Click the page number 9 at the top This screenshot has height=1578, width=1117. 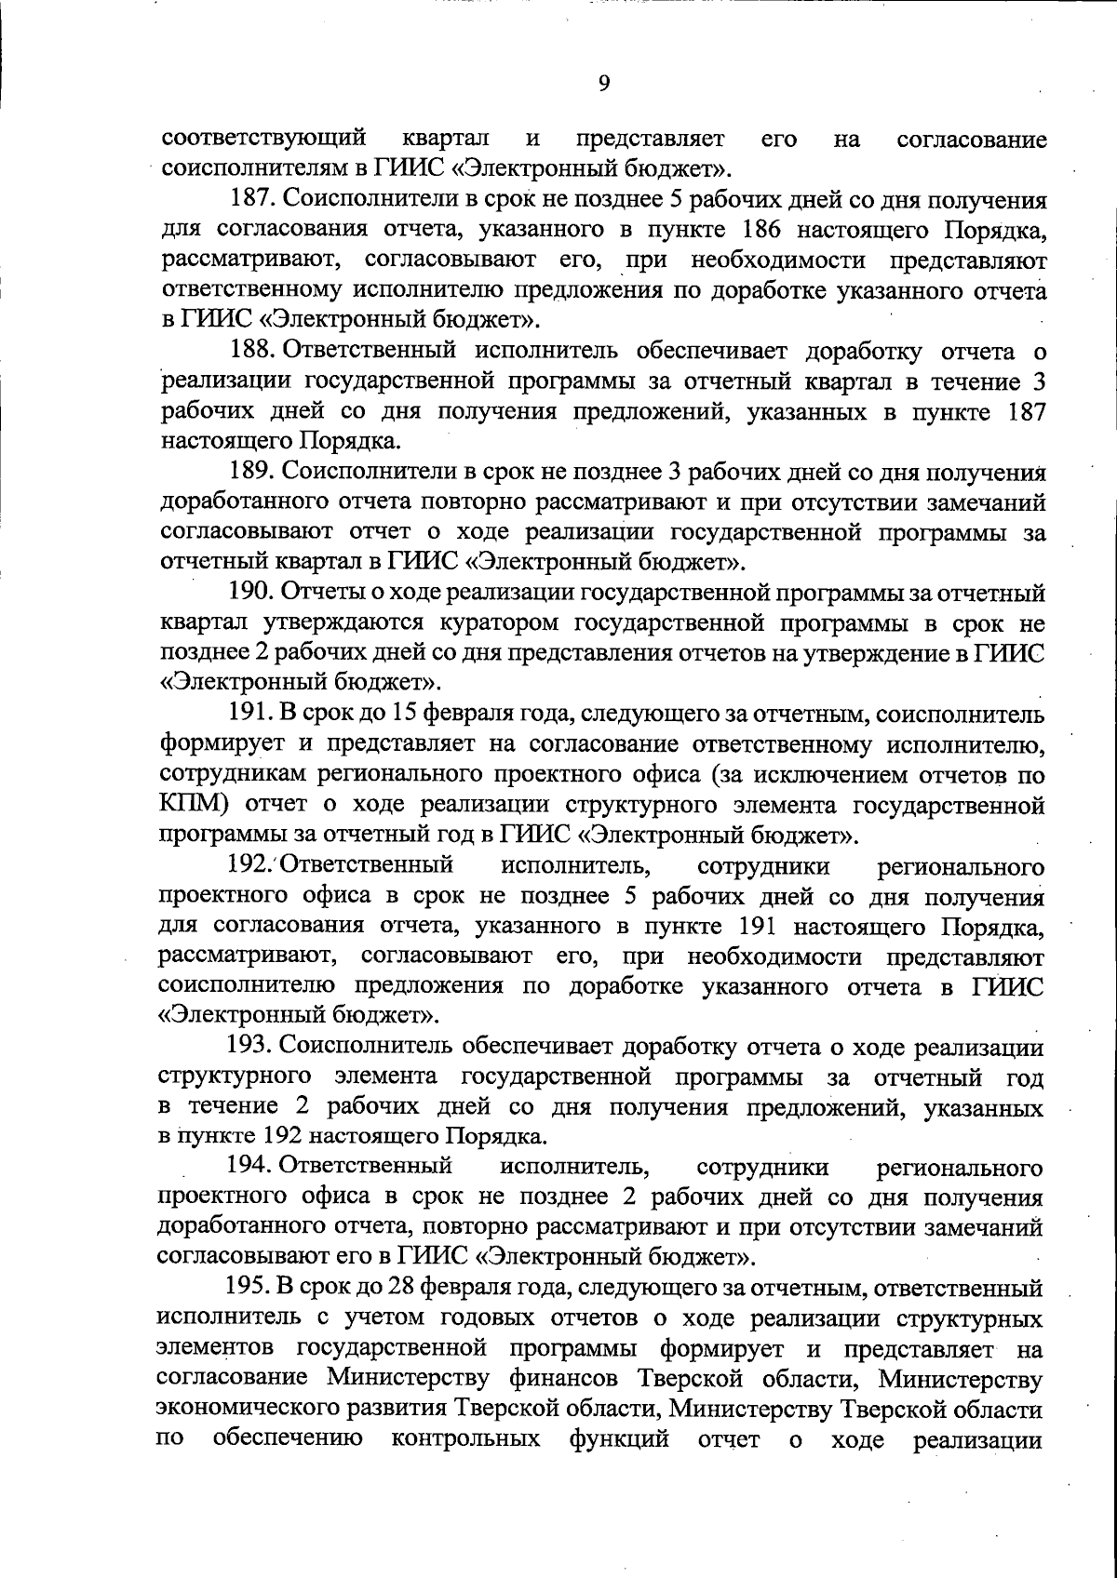(604, 84)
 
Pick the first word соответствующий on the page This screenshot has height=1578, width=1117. (263, 140)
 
